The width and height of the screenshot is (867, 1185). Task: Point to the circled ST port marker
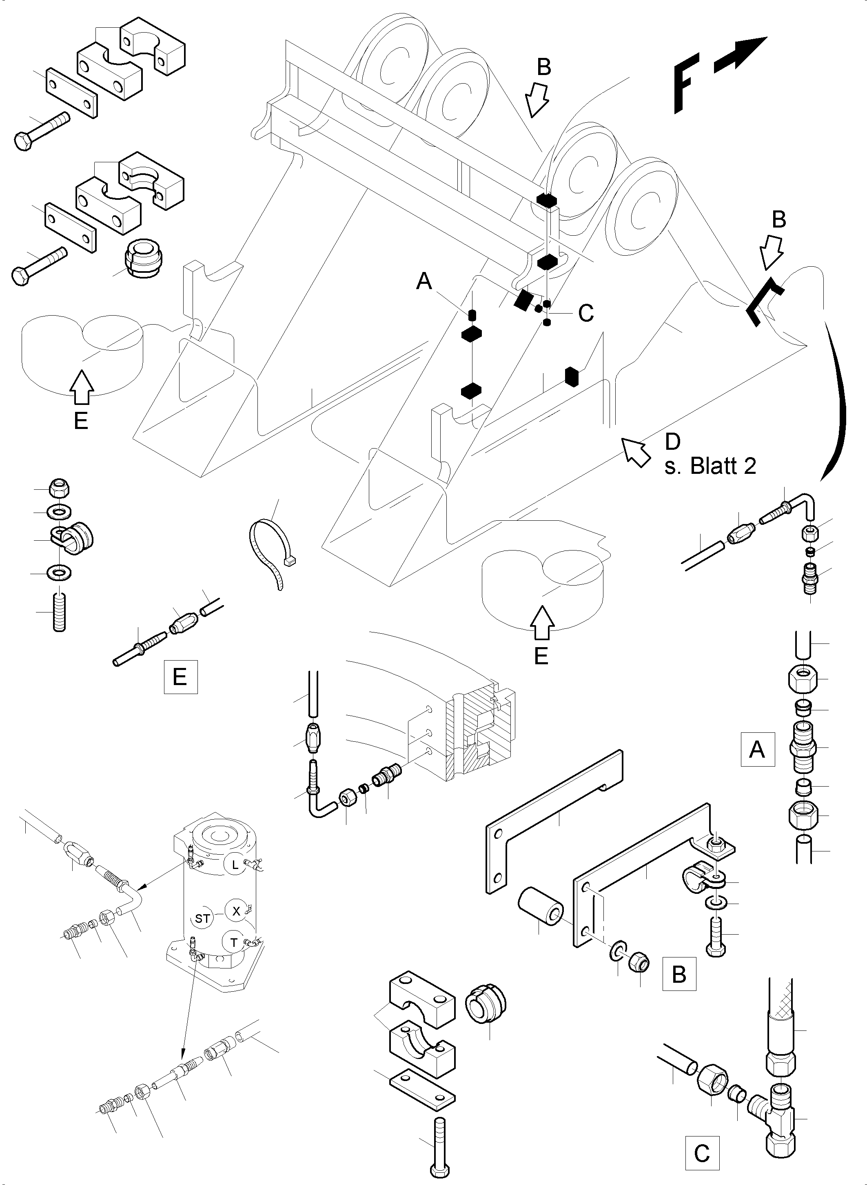203,919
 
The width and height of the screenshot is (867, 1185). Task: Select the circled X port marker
236,911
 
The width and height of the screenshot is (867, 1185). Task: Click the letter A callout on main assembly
424,282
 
